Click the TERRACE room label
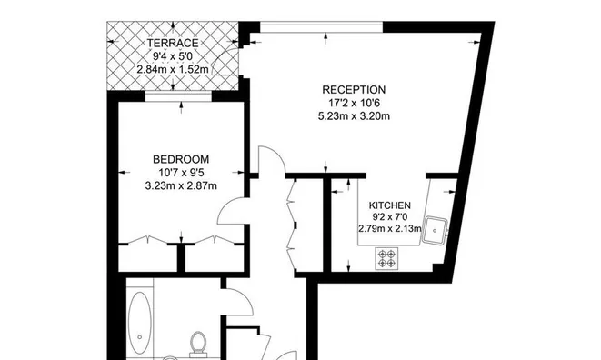coord(173,43)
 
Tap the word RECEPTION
coord(354,90)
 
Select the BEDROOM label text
coord(181,159)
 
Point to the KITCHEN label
coord(390,205)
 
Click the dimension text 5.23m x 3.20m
coord(354,115)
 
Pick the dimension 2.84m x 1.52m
coord(173,69)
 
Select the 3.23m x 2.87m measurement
coord(181,186)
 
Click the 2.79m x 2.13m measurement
coord(390,229)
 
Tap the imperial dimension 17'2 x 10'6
coord(354,103)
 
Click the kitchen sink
coord(435,230)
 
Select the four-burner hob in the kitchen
coord(386,258)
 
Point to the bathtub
coord(139,321)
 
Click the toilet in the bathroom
coord(198,344)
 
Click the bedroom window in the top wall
coord(178,96)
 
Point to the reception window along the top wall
coord(322,27)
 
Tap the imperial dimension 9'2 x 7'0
coord(390,217)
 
